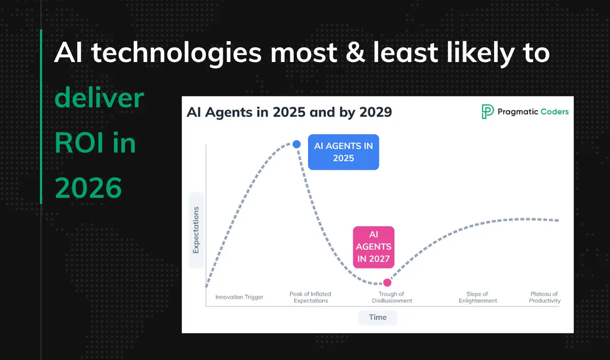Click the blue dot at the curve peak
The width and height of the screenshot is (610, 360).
coord(297,144)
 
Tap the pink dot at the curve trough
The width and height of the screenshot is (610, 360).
coord(387,282)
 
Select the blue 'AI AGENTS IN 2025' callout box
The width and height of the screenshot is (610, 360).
coord(344,152)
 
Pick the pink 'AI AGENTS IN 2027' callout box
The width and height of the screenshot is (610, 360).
coord(374,247)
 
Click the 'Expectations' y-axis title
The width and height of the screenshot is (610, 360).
coord(196,230)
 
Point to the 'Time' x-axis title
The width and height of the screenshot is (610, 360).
coord(378,317)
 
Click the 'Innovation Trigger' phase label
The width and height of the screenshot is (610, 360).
coord(239,297)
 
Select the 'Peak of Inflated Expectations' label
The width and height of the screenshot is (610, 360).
coord(310,297)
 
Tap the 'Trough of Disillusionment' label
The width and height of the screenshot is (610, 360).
coord(391,297)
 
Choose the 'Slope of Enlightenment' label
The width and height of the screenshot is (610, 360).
coord(477,297)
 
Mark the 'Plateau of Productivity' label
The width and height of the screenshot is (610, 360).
coord(544,297)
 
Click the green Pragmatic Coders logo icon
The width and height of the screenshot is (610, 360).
coord(487,112)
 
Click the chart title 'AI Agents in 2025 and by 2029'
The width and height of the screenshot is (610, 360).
coord(289,112)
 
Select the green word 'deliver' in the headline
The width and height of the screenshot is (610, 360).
coord(100,98)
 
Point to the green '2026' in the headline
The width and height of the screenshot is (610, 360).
coord(88,188)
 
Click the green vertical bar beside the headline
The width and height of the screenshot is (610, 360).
coord(41,117)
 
